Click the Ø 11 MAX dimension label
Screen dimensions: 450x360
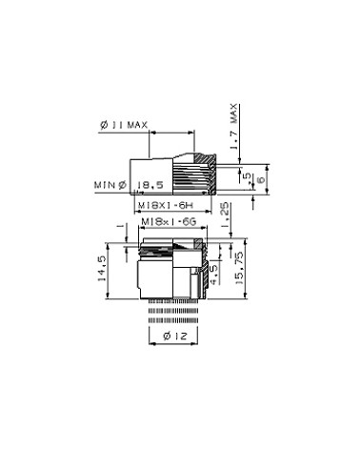pyautogui.click(x=124, y=124)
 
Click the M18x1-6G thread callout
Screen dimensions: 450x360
pyautogui.click(x=168, y=221)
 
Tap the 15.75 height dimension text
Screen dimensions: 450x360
pyautogui.click(x=250, y=273)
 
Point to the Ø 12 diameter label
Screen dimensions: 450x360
pyautogui.click(x=172, y=337)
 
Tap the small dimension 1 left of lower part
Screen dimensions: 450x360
pyautogui.click(x=118, y=226)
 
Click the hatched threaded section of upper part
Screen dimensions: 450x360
pyautogui.click(x=208, y=173)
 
